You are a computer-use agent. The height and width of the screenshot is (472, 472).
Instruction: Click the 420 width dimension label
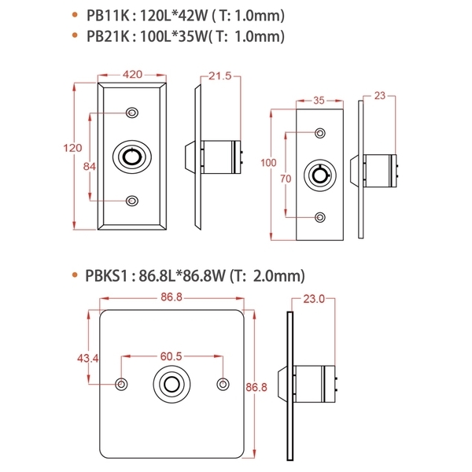[x=132, y=75]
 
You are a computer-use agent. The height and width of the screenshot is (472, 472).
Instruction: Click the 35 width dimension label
[x=319, y=100]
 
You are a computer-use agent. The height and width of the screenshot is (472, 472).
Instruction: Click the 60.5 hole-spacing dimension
[x=171, y=356]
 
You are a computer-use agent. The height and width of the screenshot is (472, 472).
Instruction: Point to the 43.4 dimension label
[x=86, y=357]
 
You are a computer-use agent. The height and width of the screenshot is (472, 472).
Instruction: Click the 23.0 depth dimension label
[x=315, y=299]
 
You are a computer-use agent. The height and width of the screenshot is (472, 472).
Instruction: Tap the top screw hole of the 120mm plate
[x=132, y=112]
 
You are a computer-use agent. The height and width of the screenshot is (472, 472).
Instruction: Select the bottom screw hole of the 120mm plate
[x=132, y=202]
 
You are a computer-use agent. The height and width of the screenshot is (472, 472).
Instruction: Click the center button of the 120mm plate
[x=132, y=157]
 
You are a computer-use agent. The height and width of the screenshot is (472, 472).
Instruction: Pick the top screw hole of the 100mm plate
[x=319, y=131]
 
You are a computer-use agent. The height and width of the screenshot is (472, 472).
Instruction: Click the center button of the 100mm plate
[x=319, y=174]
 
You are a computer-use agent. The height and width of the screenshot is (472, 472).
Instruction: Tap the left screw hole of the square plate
[x=120, y=384]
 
